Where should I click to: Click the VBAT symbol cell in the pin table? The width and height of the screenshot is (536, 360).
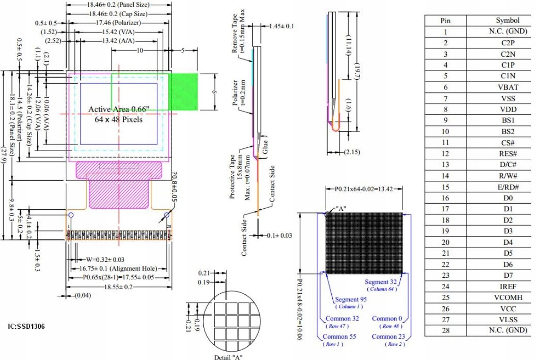(x=508, y=87)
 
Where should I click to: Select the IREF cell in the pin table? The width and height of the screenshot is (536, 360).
(x=508, y=286)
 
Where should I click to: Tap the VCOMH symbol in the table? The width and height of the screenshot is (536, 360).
(x=508, y=297)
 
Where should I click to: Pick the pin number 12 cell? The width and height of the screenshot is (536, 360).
(x=445, y=154)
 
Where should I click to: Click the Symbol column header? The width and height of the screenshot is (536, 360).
(x=508, y=20)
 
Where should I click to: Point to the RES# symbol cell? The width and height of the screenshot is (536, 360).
(x=508, y=154)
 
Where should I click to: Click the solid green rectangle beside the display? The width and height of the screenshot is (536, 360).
(x=183, y=92)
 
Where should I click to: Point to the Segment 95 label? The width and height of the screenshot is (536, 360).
(x=351, y=299)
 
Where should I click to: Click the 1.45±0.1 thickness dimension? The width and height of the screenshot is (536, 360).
(x=281, y=26)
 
